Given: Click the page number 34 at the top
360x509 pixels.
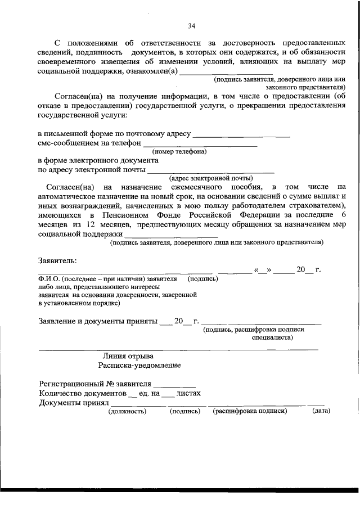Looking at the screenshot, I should point(191,26).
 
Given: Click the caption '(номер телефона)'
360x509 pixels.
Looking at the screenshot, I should point(179,152).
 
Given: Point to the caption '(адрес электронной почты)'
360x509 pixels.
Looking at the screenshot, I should point(197,178).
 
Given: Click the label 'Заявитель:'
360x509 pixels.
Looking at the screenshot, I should point(57,261).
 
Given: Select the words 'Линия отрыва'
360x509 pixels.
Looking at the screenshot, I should point(128,356).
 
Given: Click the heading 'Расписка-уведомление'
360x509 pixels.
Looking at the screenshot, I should point(139,366).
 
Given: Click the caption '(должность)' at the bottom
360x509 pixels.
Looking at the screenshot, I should point(127,412).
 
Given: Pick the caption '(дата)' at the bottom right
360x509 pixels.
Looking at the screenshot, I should point(321,412).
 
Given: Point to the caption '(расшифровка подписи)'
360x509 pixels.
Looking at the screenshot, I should point(250,412).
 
